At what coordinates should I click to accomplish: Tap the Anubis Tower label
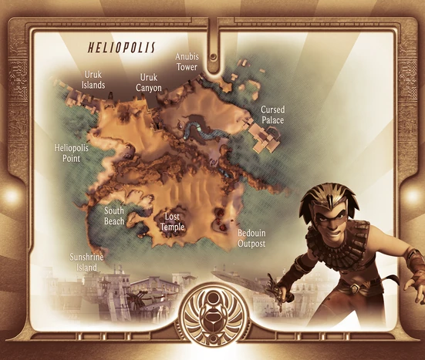[x=187, y=62]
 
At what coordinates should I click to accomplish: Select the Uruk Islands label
[x=93, y=79]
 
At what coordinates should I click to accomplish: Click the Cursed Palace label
[x=272, y=115]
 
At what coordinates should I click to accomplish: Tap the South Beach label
[x=114, y=215]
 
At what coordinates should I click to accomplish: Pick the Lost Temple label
[x=173, y=222]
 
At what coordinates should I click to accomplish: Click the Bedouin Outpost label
[x=251, y=237]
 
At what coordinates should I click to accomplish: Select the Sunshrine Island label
[x=86, y=262]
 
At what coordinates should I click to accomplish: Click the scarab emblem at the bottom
[x=212, y=316]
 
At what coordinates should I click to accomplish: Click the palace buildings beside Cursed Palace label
[x=268, y=140]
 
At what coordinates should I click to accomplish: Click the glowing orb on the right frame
[x=415, y=196]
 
